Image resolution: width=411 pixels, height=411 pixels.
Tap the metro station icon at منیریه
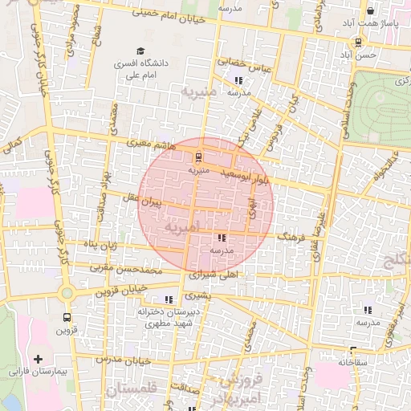pyautogui.click(x=199, y=157)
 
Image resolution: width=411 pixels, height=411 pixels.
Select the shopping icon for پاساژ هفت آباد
pyautogui.click(x=370, y=12)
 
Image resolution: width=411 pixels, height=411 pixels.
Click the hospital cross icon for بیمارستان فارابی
pyautogui.click(x=37, y=357)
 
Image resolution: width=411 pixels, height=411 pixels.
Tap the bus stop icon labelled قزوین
pyautogui.click(x=66, y=316)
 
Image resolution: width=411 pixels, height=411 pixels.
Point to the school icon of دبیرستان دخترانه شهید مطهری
pyautogui.click(x=169, y=299)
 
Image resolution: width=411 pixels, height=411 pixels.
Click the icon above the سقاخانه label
pyautogui.click(x=352, y=349)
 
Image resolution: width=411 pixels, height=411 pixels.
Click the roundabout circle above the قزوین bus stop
pyautogui.click(x=66, y=293)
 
